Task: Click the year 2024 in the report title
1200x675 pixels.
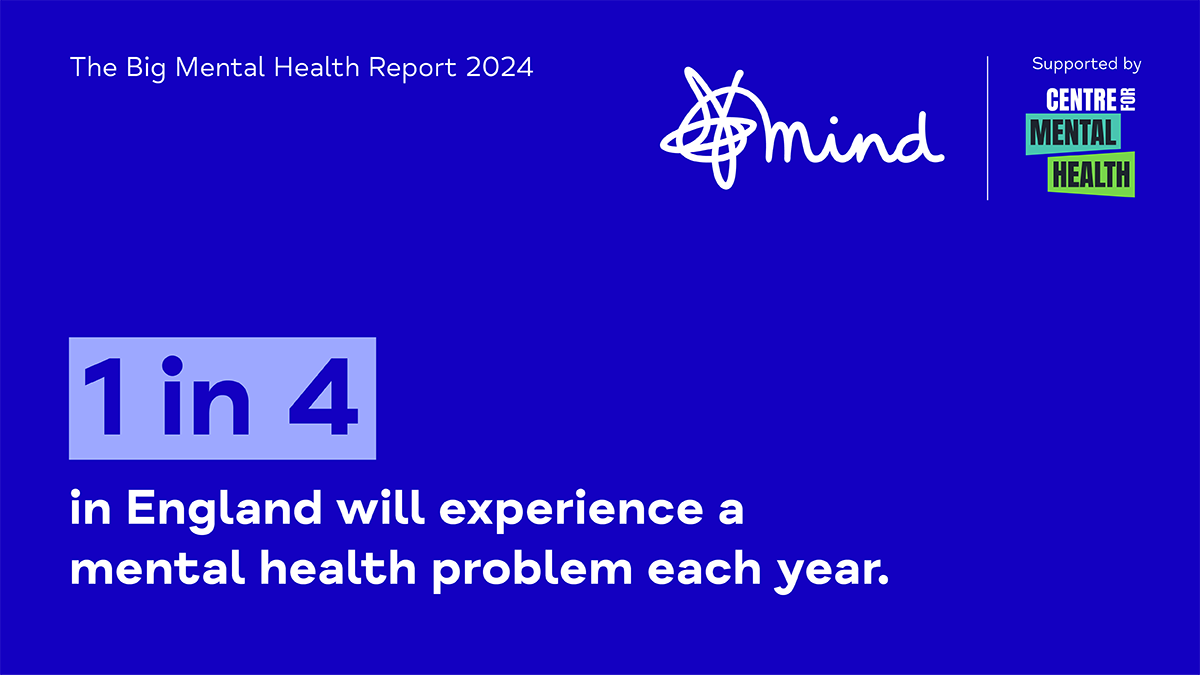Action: (x=499, y=68)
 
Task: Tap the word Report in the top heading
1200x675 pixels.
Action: (x=412, y=69)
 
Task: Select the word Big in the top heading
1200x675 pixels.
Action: (x=146, y=69)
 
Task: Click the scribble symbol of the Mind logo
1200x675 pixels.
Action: (x=708, y=128)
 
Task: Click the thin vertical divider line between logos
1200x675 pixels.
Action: (x=987, y=128)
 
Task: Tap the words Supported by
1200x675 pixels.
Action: (x=1086, y=64)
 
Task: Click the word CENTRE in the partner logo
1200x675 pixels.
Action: (x=1081, y=100)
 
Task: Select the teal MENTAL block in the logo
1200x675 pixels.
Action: (x=1073, y=133)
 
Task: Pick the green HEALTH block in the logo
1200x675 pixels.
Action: (x=1091, y=175)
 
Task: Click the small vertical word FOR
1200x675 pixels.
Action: (x=1129, y=100)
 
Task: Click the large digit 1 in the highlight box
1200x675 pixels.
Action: (x=106, y=396)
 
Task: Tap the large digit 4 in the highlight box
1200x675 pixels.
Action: (x=323, y=396)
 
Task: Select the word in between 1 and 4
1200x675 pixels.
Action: (x=206, y=395)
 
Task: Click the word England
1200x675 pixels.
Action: (x=224, y=510)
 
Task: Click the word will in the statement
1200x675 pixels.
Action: (x=381, y=507)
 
